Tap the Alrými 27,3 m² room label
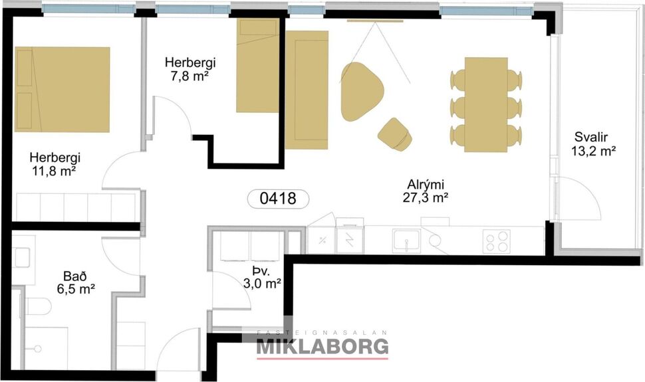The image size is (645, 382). tap(424, 191)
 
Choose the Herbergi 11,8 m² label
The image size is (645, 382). tap(55, 164)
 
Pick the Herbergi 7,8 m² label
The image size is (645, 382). tap(190, 68)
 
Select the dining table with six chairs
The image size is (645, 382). tap(486, 104)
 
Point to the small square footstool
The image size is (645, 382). tap(395, 133)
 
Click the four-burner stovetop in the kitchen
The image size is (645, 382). tap(497, 240)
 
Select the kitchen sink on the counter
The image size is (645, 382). tap(402, 240)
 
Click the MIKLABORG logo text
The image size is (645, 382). tap(322, 346)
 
